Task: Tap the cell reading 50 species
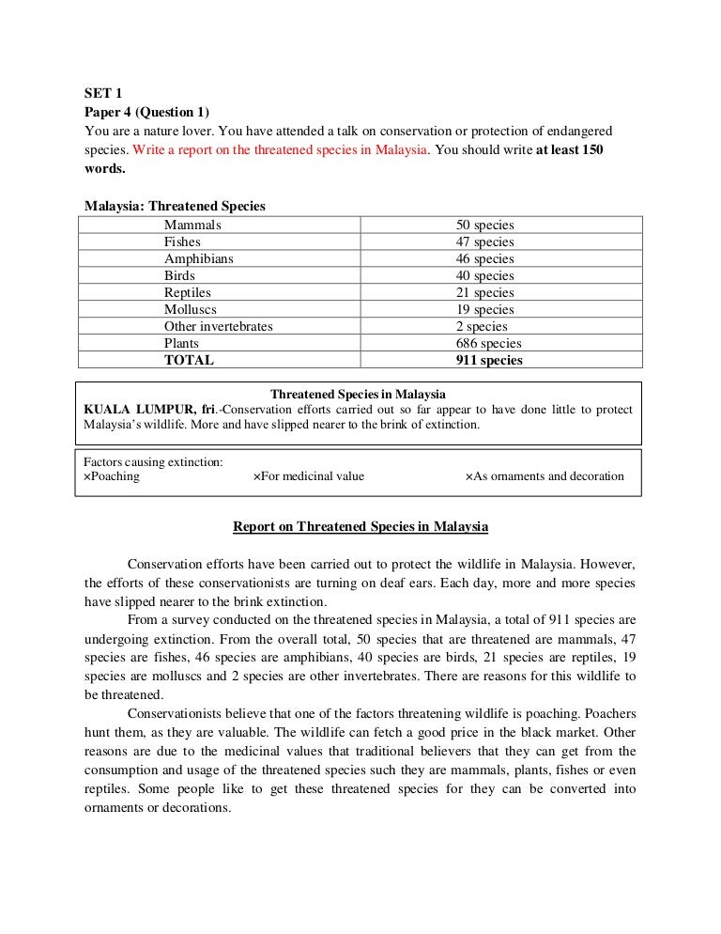pyautogui.click(x=484, y=226)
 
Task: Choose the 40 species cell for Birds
pyautogui.click(x=484, y=275)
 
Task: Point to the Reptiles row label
pyautogui.click(x=189, y=292)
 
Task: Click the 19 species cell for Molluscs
pyautogui.click(x=484, y=309)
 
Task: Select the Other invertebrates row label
pyautogui.click(x=218, y=326)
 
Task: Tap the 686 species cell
pyautogui.click(x=488, y=343)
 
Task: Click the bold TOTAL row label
pyautogui.click(x=189, y=360)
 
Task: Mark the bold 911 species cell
pyautogui.click(x=488, y=360)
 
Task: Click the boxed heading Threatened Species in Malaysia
pyautogui.click(x=358, y=393)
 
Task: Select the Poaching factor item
pyautogui.click(x=112, y=475)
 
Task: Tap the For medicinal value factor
pyautogui.click(x=309, y=475)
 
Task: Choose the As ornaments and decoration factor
pyautogui.click(x=545, y=475)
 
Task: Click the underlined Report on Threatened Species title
pyautogui.click(x=360, y=527)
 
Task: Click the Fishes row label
pyautogui.click(x=182, y=242)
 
